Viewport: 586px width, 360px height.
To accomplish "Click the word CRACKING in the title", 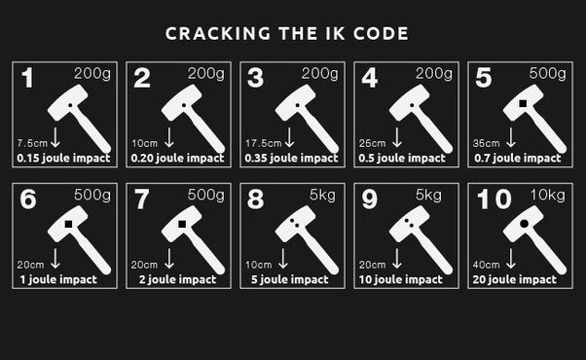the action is pos(218,34).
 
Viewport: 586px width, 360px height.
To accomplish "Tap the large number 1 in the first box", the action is pos(27,78).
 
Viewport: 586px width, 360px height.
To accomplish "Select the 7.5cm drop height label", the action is pos(32,143).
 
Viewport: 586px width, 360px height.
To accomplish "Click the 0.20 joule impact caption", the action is pos(177,159).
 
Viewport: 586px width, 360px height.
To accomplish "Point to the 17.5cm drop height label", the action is pos(263,143).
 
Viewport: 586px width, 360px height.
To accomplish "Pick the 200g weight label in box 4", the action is pos(434,73).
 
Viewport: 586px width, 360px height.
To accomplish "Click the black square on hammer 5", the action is pos(523,103).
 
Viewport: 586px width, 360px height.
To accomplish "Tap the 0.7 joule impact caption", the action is pos(518,159).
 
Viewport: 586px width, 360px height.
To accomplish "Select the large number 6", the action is pos(28,199).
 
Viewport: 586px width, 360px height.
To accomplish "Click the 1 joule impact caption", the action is pos(58,279).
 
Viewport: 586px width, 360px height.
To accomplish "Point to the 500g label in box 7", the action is pos(206,195).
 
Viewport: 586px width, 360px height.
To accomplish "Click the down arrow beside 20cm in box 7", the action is pos(169,259).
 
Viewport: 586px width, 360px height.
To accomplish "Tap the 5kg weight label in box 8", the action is pos(322,195).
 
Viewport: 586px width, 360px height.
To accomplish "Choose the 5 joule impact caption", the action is pos(290,279).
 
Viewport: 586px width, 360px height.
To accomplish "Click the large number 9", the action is pos(369,199).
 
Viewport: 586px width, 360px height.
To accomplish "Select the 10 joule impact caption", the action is pos(401,279).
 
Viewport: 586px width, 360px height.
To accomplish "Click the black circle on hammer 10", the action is pos(524,224).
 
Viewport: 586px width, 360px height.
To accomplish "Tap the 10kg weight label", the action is pos(547,195).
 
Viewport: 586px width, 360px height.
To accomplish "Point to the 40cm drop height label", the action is pos(486,265).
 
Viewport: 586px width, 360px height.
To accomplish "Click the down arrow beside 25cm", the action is pos(397,137).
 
